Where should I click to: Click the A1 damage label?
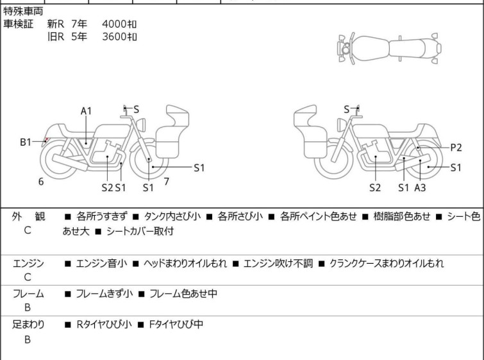pos(87,111)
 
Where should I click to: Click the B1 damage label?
pos(26,142)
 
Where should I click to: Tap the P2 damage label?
pos(456,147)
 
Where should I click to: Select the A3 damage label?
pos(420,187)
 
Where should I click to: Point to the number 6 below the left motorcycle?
pos(41,182)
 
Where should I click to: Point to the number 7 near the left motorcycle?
pos(166,182)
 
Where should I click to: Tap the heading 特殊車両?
pos(24,12)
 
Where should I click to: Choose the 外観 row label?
pos(28,217)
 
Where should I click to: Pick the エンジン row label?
pos(28,264)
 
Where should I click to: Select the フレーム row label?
pos(28,294)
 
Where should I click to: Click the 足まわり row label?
pos(28,325)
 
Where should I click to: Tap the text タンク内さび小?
pos(174,217)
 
